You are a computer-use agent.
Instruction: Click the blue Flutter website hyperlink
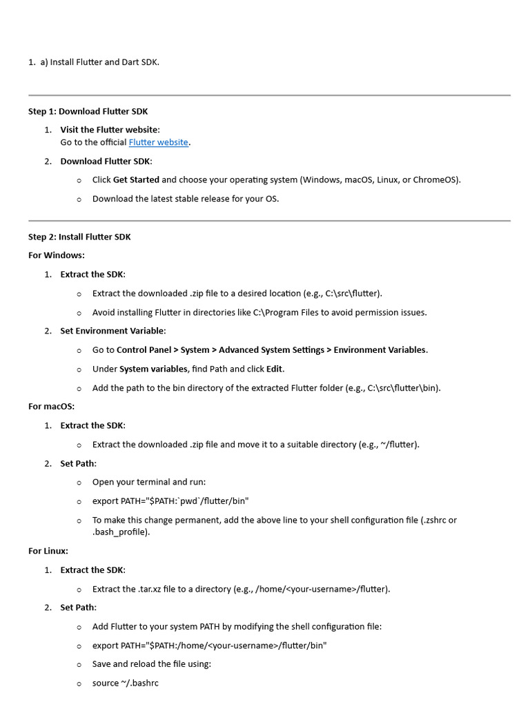tap(158, 142)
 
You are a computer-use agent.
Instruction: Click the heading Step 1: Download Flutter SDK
tap(88, 111)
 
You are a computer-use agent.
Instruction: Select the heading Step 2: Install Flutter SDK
tap(79, 237)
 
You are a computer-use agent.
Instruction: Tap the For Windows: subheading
tap(57, 255)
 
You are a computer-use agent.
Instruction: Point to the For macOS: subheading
tap(51, 407)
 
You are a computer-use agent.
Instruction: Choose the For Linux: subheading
tap(48, 551)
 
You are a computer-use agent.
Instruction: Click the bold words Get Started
tap(136, 180)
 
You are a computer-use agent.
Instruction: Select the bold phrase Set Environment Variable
tap(112, 331)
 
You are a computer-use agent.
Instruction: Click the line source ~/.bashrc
tap(126, 683)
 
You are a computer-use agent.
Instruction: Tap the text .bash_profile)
tap(121, 532)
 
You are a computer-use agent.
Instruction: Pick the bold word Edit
tap(274, 369)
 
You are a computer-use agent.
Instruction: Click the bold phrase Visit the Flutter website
tap(109, 130)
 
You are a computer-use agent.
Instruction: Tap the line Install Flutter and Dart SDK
tap(104, 62)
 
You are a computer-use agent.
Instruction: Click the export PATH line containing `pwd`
tap(170, 501)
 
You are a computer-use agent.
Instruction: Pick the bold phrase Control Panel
tap(144, 350)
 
